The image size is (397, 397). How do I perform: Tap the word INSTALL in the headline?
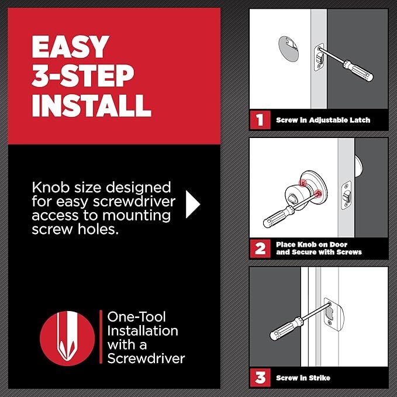92,105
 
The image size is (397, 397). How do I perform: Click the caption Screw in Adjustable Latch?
323,121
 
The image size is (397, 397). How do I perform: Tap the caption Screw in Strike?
303,378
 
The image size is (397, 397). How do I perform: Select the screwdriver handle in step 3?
284,330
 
